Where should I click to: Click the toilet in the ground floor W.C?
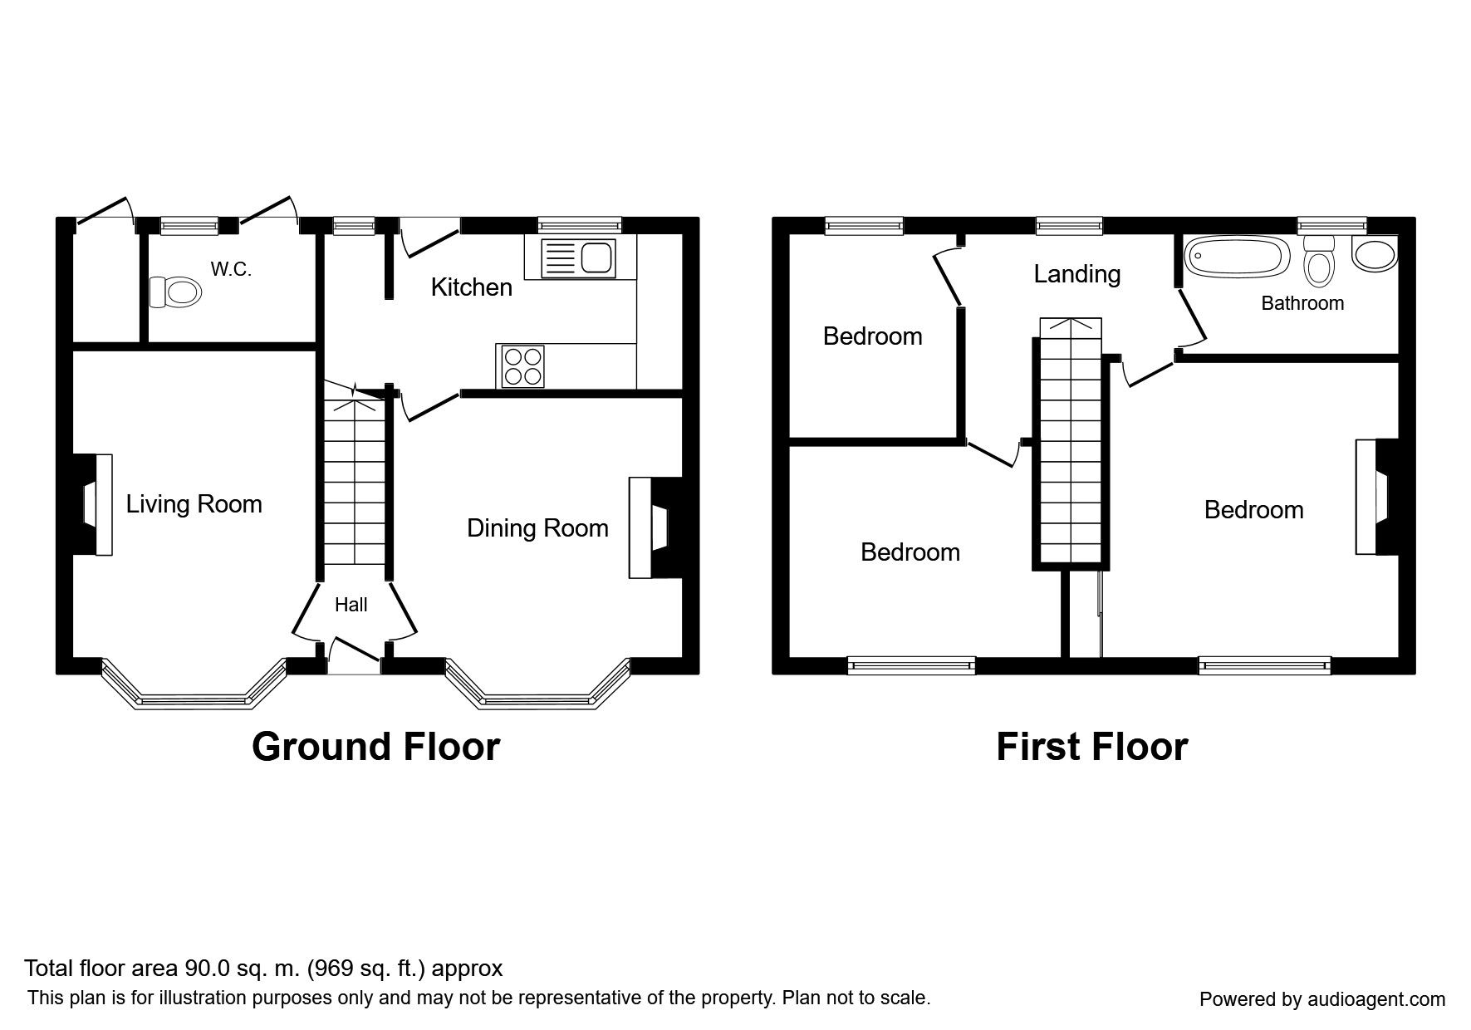point(175,292)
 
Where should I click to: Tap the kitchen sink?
point(576,258)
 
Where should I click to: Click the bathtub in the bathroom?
point(1236,257)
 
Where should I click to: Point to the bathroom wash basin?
point(1375,253)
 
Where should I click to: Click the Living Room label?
point(194,504)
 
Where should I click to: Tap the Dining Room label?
point(537,528)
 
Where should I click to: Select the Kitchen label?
point(471,287)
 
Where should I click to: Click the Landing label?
point(1076,274)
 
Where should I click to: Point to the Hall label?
point(351,605)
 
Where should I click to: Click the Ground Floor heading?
point(375,746)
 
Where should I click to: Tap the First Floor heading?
point(1091,746)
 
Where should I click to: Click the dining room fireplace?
point(655,527)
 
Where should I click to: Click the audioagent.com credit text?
point(1322,999)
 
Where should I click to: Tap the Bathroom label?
point(1302,303)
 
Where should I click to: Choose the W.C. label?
point(231,269)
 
